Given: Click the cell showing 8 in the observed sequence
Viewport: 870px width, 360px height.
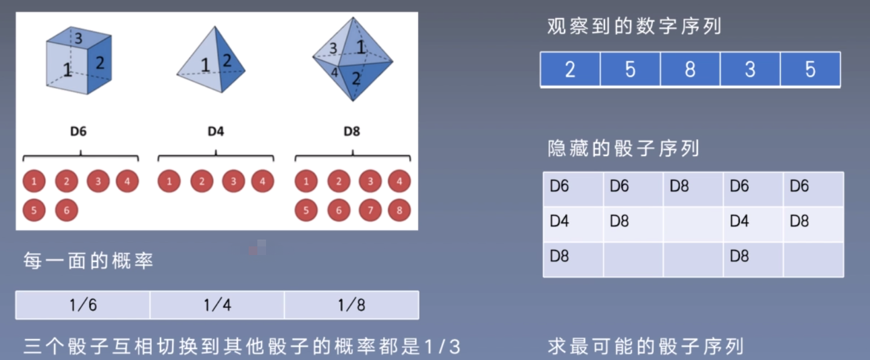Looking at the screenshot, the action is tap(690, 69).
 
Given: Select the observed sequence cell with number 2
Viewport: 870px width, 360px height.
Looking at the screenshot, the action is tap(570, 69).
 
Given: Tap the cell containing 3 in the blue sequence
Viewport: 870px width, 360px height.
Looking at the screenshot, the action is tap(750, 69).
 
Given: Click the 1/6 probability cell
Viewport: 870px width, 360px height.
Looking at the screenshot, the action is tap(83, 305).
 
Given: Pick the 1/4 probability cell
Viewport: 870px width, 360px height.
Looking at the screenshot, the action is tap(217, 305).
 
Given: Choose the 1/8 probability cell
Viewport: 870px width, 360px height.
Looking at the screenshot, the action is tap(351, 305).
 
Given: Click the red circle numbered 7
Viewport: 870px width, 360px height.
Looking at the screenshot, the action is tap(370, 210).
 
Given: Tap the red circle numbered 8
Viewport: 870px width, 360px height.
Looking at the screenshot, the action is tap(399, 210).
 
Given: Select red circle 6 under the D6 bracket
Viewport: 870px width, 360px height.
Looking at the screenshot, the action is tap(67, 210).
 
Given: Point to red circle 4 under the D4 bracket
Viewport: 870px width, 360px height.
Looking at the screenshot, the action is tap(263, 181).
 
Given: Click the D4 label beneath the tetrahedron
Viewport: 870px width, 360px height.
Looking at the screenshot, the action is tap(216, 131).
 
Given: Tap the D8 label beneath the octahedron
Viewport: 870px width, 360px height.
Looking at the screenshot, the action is tap(352, 131).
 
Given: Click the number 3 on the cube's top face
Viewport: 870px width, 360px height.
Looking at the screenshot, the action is tap(78, 38).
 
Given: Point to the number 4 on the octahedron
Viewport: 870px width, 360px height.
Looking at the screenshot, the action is tap(334, 72).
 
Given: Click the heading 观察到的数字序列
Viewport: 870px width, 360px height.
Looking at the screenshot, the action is tap(634, 27).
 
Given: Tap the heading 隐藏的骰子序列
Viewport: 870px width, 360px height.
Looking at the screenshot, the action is tap(623, 148).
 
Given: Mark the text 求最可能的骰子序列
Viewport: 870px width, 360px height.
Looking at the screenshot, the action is tap(646, 346).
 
